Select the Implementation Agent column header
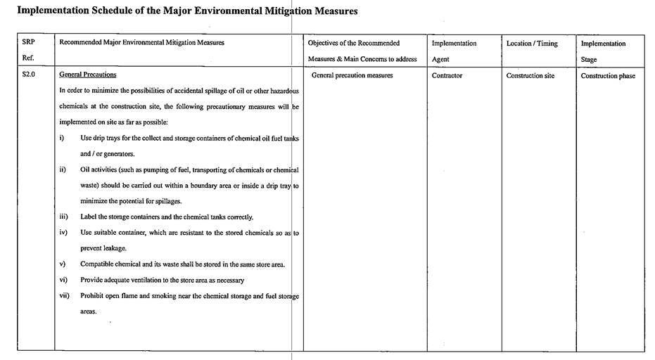pos(454,51)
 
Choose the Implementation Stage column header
pos(603,51)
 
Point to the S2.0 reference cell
pos(29,75)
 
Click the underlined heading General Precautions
pos(88,75)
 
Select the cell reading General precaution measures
pos(352,75)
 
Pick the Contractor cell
pos(447,75)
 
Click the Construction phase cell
pos(608,76)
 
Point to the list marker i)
pos(62,138)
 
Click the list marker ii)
pos(63,169)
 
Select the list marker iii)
pos(64,217)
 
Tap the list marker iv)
pos(63,232)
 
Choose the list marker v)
pos(62,264)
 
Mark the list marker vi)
pos(63,280)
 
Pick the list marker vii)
pos(64,295)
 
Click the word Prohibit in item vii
pos(94,296)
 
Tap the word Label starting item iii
pos(89,217)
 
